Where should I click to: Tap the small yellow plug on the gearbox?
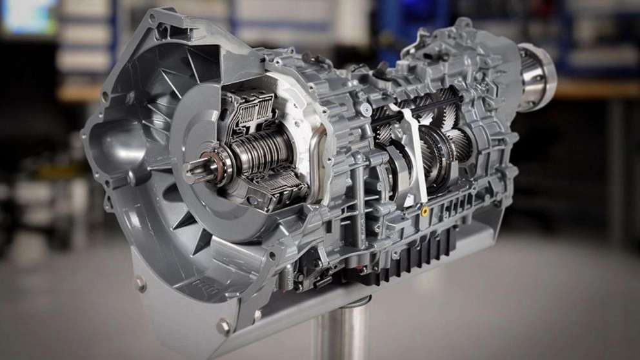[424, 210]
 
